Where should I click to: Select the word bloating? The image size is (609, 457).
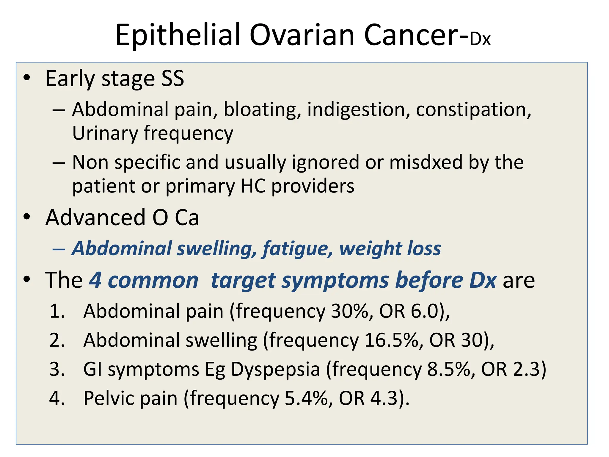tap(260, 109)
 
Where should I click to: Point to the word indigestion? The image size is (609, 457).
tap(356, 109)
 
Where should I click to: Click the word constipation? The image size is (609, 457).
tap(473, 109)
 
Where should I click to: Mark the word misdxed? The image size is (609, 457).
tap(426, 162)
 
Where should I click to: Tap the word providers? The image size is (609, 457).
tap(313, 186)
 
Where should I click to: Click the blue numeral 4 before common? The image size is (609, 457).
tap(95, 280)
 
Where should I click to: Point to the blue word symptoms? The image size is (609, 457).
tap(335, 281)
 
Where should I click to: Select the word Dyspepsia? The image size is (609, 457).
tap(275, 370)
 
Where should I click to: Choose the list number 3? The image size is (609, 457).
tap(57, 370)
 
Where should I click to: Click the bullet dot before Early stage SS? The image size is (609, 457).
tap(27, 78)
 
